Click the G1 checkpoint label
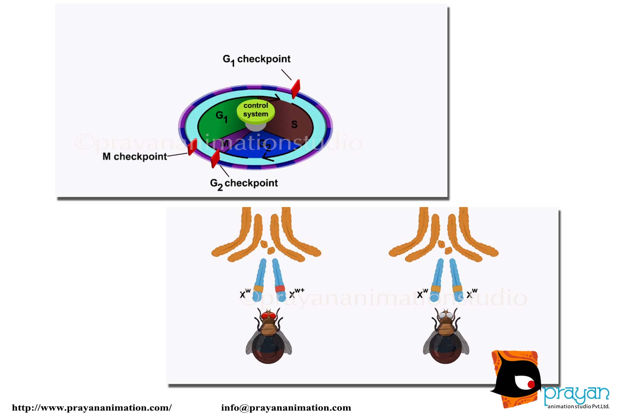pyautogui.click(x=256, y=59)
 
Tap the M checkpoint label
pyautogui.click(x=135, y=157)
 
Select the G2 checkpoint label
pyautogui.click(x=244, y=183)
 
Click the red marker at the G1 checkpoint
pyautogui.click(x=295, y=89)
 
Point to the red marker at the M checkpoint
pyautogui.click(x=193, y=147)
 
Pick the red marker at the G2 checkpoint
pyautogui.click(x=215, y=158)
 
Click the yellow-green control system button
pyautogui.click(x=256, y=110)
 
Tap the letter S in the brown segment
pyautogui.click(x=294, y=125)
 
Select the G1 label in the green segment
pyautogui.click(x=221, y=116)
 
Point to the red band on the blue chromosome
pyautogui.click(x=280, y=289)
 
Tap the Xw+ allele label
pyautogui.click(x=296, y=293)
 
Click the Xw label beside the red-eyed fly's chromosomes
pyautogui.click(x=245, y=294)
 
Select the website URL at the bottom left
pyautogui.click(x=92, y=408)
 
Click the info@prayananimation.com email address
pyautogui.click(x=286, y=408)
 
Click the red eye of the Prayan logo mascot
pyautogui.click(x=531, y=384)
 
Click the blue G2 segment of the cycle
pyautogui.click(x=262, y=147)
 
